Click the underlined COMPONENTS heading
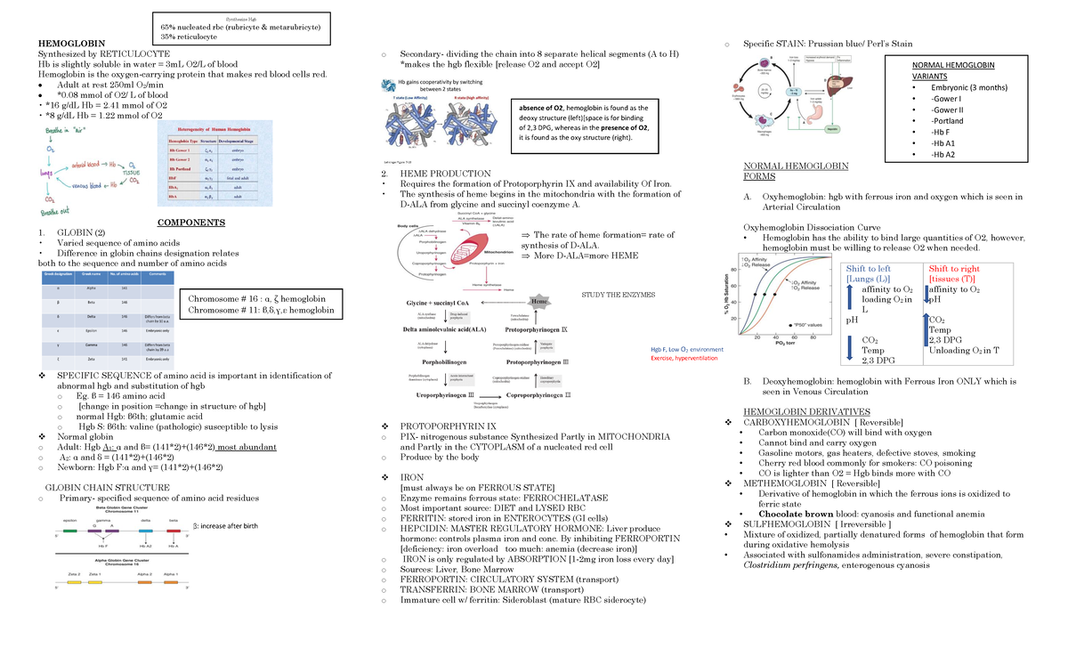(x=190, y=223)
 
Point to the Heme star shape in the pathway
(x=539, y=303)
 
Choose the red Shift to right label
(x=953, y=269)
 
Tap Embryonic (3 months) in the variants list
(x=968, y=87)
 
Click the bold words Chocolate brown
(x=797, y=514)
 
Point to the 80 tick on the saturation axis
(x=733, y=270)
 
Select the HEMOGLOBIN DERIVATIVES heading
(x=805, y=410)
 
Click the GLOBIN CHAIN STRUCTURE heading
(x=108, y=487)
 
